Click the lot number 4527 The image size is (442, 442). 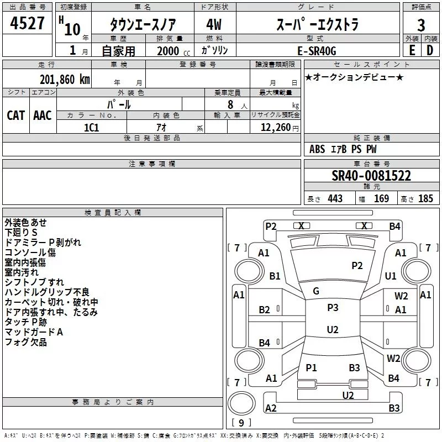(x=27, y=25)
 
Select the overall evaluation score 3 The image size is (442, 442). (x=421, y=25)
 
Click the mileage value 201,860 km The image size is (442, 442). (x=65, y=79)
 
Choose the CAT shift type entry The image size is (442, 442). (x=15, y=115)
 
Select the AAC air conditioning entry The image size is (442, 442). (x=42, y=115)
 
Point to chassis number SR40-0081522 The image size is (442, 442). (x=371, y=176)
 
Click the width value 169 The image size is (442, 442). (x=382, y=198)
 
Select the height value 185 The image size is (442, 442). (x=426, y=198)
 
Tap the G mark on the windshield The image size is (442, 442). (x=316, y=291)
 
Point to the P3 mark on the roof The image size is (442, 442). (x=333, y=308)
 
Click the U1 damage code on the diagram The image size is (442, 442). (x=391, y=276)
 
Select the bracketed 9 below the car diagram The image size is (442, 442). (x=241, y=423)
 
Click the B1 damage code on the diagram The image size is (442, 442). (x=275, y=276)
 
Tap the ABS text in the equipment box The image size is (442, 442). (x=317, y=149)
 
